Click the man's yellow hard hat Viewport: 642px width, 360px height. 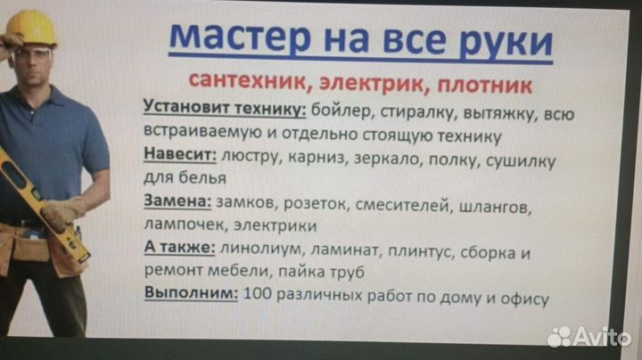[32, 29]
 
